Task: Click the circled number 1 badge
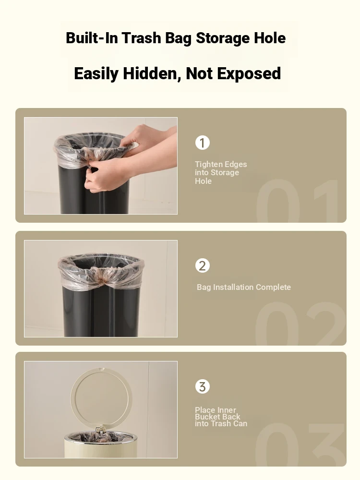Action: pyautogui.click(x=203, y=143)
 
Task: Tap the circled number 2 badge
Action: pyautogui.click(x=203, y=266)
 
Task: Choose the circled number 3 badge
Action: pyautogui.click(x=203, y=386)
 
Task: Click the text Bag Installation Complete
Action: pyautogui.click(x=244, y=287)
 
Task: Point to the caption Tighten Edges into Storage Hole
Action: pyautogui.click(x=221, y=173)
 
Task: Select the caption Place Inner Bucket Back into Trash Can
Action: pyautogui.click(x=221, y=417)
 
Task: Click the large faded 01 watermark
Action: pyautogui.click(x=297, y=201)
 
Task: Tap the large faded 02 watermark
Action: pyautogui.click(x=300, y=324)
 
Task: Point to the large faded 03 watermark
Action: pyautogui.click(x=300, y=444)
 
